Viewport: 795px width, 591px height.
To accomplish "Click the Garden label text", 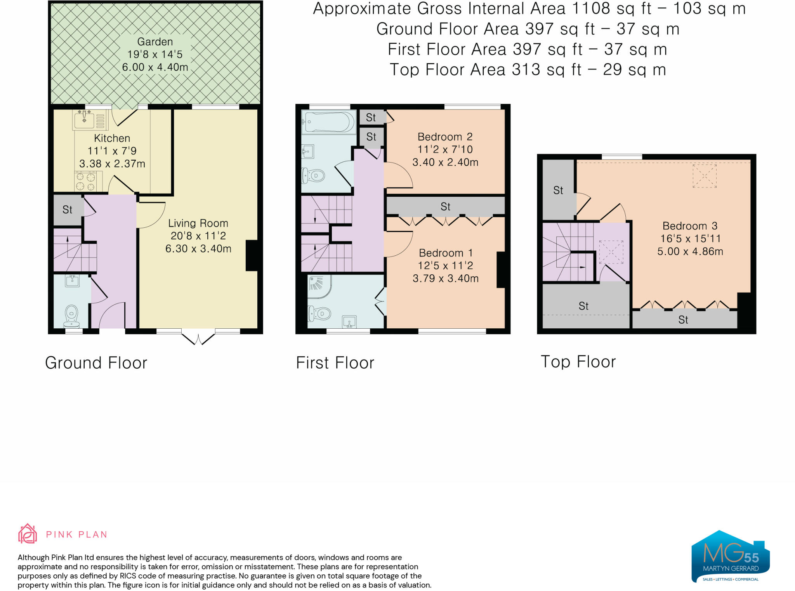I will (x=155, y=42).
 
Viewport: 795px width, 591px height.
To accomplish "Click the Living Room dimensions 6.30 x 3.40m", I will (x=198, y=249).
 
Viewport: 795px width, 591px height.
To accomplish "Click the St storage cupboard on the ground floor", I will (x=68, y=210).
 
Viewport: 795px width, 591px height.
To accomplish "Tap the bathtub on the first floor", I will (x=328, y=122).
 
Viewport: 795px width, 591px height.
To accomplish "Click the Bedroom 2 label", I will (x=445, y=137).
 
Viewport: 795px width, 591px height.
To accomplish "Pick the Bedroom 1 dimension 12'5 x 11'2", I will (x=445, y=266).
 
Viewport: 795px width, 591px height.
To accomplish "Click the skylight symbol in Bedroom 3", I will (x=705, y=176).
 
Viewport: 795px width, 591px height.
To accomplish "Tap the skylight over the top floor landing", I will (x=611, y=252).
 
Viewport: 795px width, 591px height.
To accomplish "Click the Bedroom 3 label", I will (x=690, y=226).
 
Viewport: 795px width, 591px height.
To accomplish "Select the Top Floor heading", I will (x=578, y=362).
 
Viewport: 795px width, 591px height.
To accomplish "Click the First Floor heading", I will (x=335, y=363).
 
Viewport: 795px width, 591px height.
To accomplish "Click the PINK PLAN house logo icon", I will (x=28, y=534).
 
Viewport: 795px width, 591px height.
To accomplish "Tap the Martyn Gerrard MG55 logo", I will (x=730, y=557).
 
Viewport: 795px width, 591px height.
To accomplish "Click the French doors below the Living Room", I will (x=198, y=338).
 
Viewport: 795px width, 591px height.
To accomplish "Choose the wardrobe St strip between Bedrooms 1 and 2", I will (x=445, y=206).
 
